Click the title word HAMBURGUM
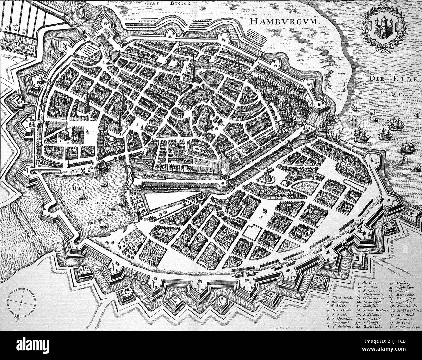click(285, 22)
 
